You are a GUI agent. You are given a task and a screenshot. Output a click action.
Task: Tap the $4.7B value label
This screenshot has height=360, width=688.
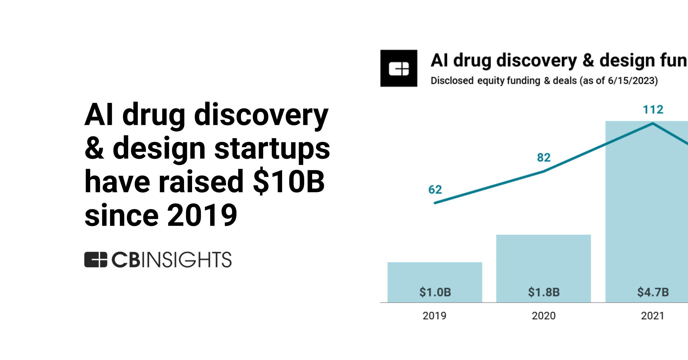[x=653, y=292]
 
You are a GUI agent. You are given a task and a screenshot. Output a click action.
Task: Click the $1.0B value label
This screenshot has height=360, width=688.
[x=435, y=292]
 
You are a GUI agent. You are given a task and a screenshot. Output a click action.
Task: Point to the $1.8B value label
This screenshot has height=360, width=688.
[x=544, y=292]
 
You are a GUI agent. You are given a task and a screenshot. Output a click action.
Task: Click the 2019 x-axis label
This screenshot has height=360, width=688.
[x=434, y=316]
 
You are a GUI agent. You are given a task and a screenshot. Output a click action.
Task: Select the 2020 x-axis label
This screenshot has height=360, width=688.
[x=544, y=316]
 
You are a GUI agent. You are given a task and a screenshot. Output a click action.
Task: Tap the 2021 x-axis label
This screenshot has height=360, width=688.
[x=652, y=316]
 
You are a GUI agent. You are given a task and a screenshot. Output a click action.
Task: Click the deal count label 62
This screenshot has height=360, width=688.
[x=435, y=190]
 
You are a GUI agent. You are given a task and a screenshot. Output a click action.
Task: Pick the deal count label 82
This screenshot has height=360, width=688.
[x=544, y=158]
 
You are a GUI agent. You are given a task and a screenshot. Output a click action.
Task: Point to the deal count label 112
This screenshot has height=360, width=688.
[x=653, y=110]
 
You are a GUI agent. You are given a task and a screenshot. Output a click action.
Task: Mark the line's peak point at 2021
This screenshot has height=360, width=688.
[x=653, y=124]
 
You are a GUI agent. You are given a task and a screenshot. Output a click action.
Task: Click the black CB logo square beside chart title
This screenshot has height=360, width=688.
[x=398, y=68]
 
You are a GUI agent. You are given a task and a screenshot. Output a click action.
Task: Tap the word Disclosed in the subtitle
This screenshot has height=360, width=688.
[x=452, y=81]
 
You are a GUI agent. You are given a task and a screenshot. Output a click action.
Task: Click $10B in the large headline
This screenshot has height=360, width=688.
[x=289, y=182]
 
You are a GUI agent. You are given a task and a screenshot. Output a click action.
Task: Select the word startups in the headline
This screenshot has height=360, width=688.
[x=272, y=148]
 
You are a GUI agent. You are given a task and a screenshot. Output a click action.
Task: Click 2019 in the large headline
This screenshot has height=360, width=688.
[x=202, y=215]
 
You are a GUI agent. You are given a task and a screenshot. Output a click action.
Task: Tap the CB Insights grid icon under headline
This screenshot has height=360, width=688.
[x=95, y=260]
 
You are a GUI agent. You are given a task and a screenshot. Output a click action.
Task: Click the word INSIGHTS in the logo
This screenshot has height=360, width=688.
[x=186, y=260]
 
